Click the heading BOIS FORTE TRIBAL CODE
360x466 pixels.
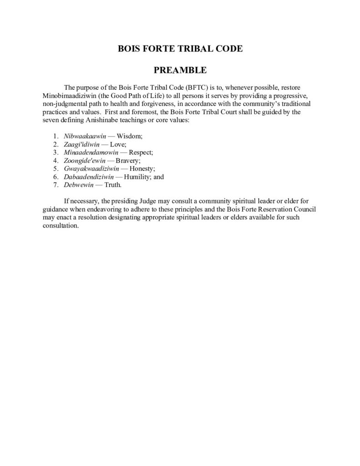click(x=180, y=49)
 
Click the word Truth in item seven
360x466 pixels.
click(x=113, y=185)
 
